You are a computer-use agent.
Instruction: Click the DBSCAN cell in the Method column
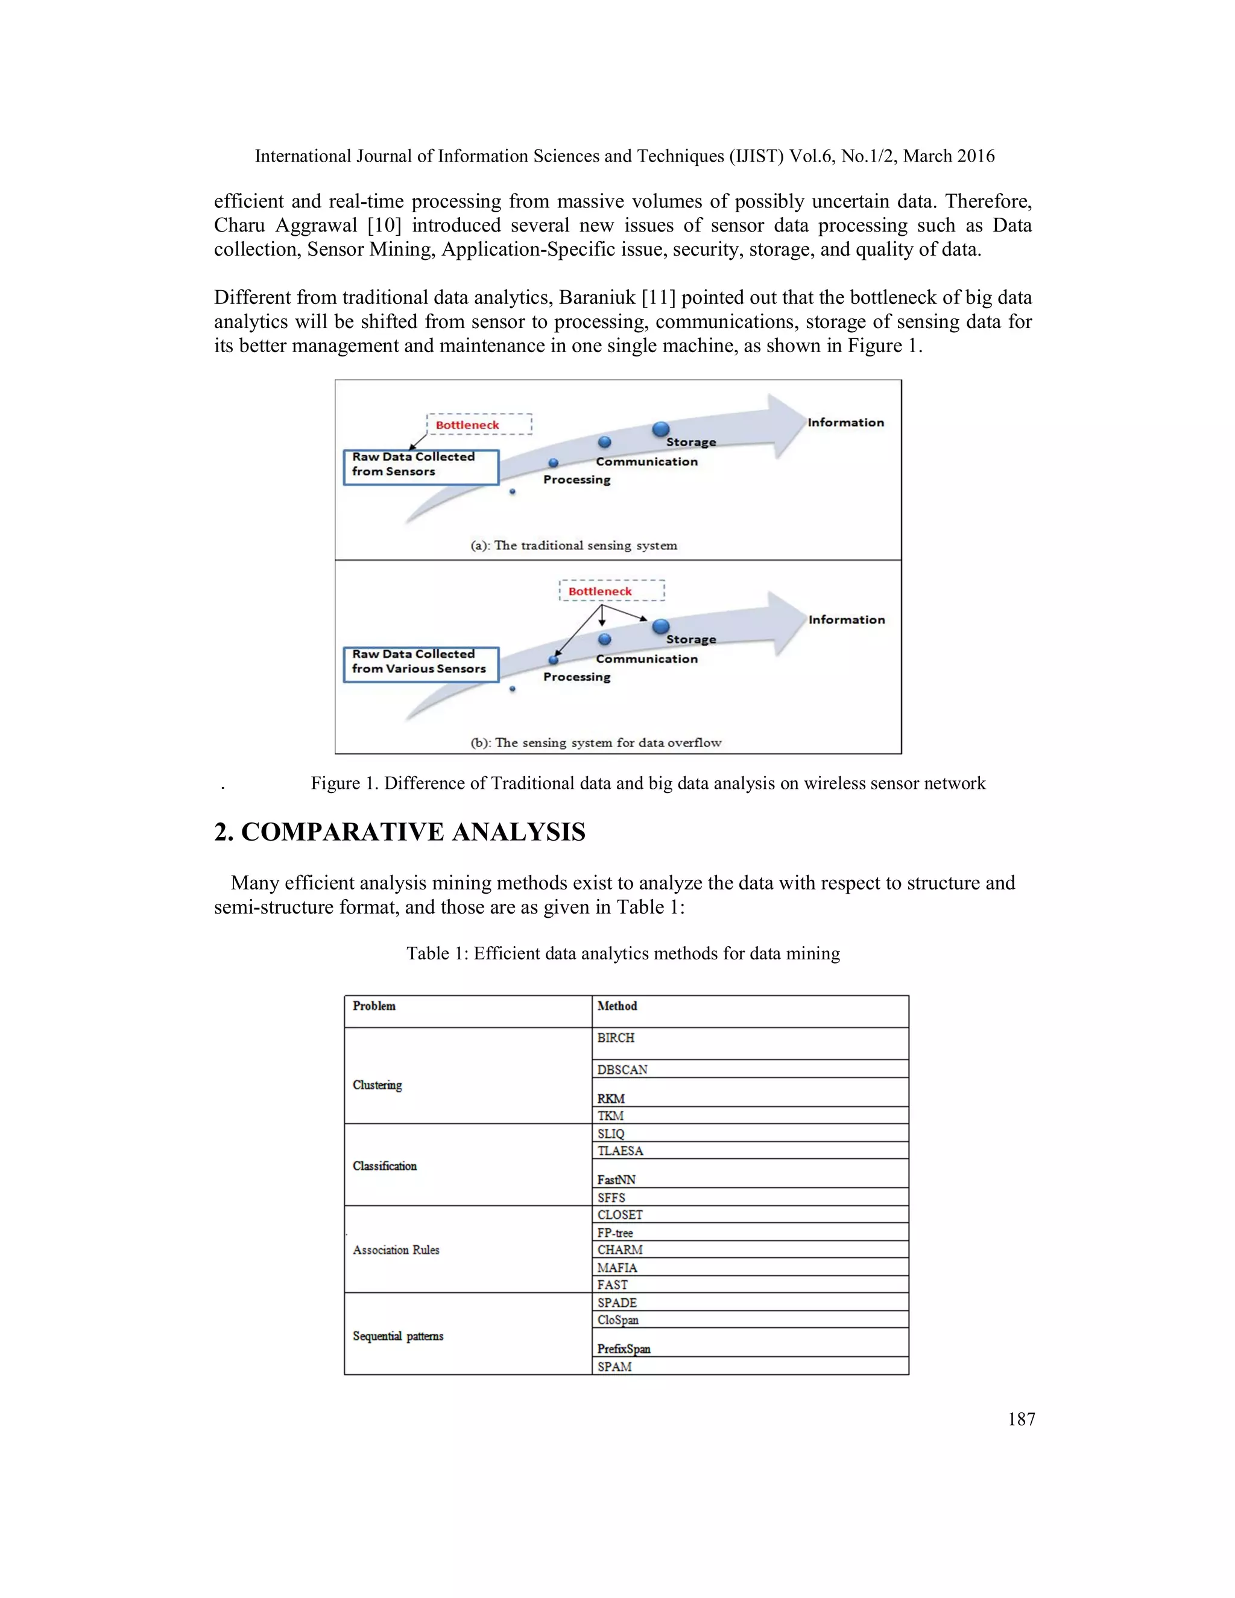[x=622, y=1069]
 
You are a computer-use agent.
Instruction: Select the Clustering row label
[x=377, y=1084]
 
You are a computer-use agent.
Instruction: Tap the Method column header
[x=617, y=1006]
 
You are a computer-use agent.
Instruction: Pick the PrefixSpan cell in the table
[x=624, y=1348]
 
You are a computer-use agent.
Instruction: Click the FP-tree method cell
[x=614, y=1233]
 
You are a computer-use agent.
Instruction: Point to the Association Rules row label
[x=396, y=1249]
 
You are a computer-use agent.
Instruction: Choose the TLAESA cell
[x=620, y=1151]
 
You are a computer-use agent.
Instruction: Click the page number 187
[x=1022, y=1420]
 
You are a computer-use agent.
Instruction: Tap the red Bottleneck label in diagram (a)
[x=467, y=425]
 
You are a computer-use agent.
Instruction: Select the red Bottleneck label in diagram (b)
[x=600, y=591]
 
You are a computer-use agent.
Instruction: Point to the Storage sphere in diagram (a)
[x=661, y=429]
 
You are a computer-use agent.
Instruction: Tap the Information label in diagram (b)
[x=847, y=620]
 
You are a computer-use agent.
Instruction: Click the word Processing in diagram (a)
[x=576, y=480]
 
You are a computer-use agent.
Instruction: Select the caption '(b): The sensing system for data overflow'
[x=596, y=743]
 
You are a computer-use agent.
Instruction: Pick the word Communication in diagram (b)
[x=647, y=659]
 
